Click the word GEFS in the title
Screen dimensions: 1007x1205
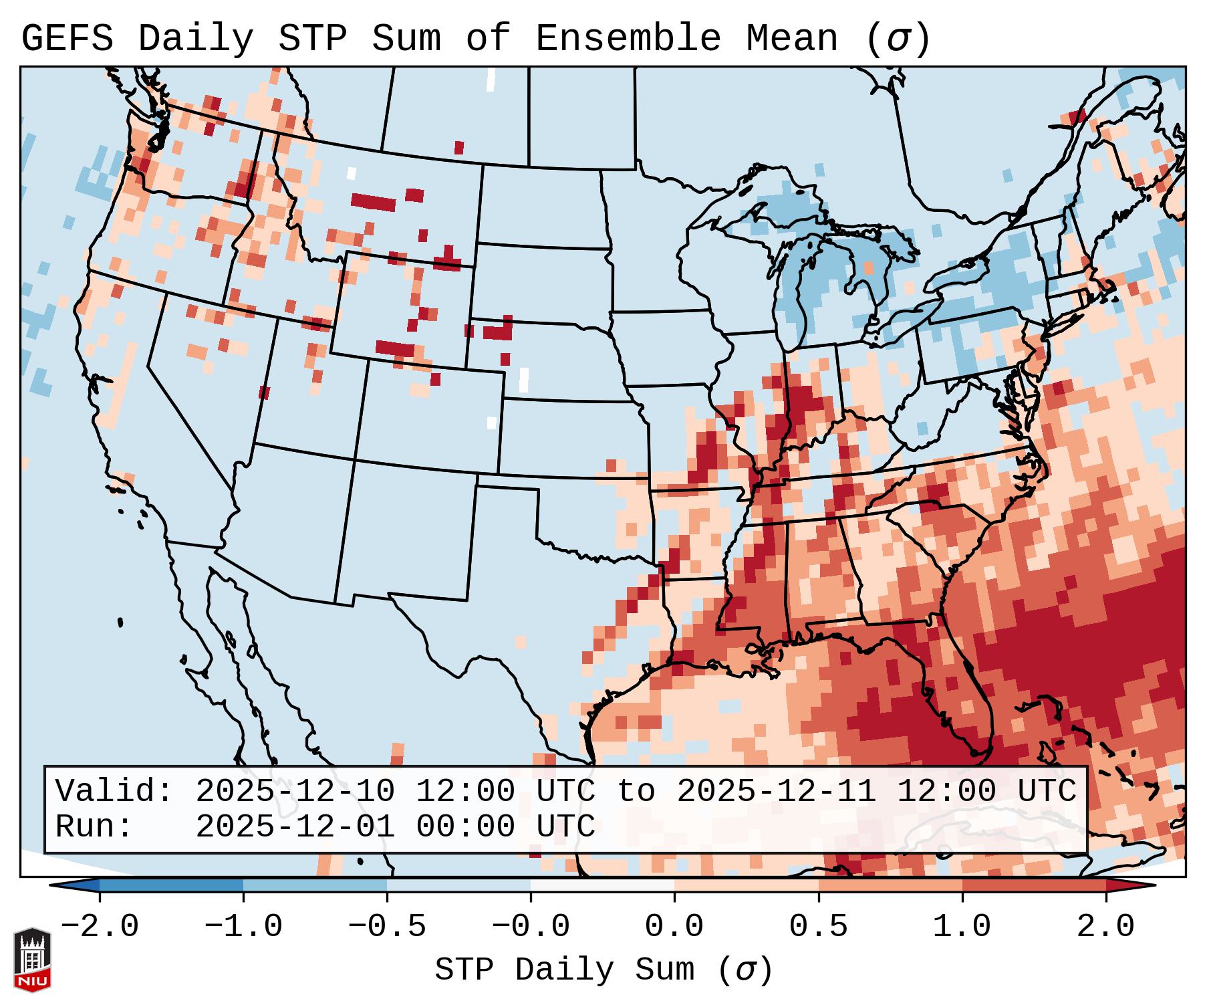(67, 39)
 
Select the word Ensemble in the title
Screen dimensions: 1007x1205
(628, 39)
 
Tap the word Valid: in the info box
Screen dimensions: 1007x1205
(114, 791)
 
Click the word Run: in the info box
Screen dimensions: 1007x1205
(94, 826)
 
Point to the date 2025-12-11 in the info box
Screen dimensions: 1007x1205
(776, 791)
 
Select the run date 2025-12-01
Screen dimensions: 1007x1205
(295, 826)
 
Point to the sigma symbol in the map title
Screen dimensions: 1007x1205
(898, 39)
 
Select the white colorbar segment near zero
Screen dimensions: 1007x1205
(602, 885)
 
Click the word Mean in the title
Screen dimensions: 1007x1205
(792, 39)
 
